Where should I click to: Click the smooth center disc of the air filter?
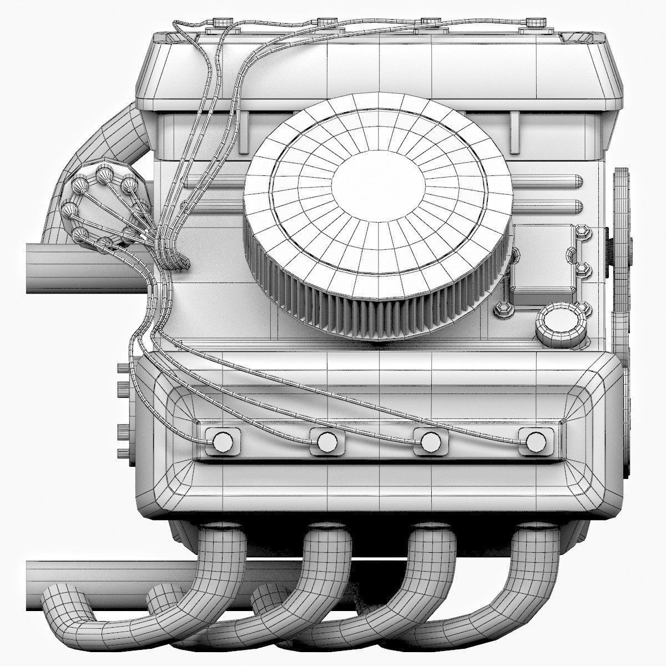pos(378,181)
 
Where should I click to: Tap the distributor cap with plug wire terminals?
pos(105,205)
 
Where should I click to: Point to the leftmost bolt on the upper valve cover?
pos(221,23)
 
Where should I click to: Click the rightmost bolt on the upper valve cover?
pos(534,23)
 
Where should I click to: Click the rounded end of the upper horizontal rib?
pos(577,181)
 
